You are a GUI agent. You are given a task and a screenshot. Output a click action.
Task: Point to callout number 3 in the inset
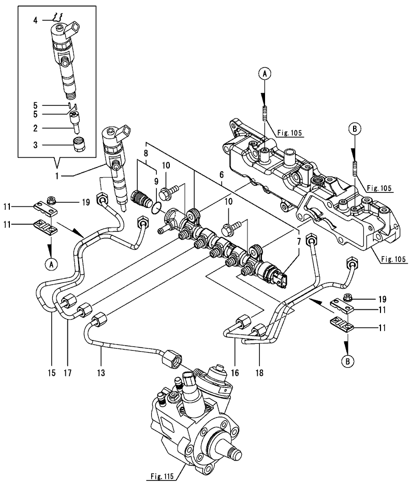coord(35,145)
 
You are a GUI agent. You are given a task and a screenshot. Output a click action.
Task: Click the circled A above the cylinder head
coord(264,74)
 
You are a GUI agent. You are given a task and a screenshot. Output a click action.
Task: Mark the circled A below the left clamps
coord(50,264)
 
